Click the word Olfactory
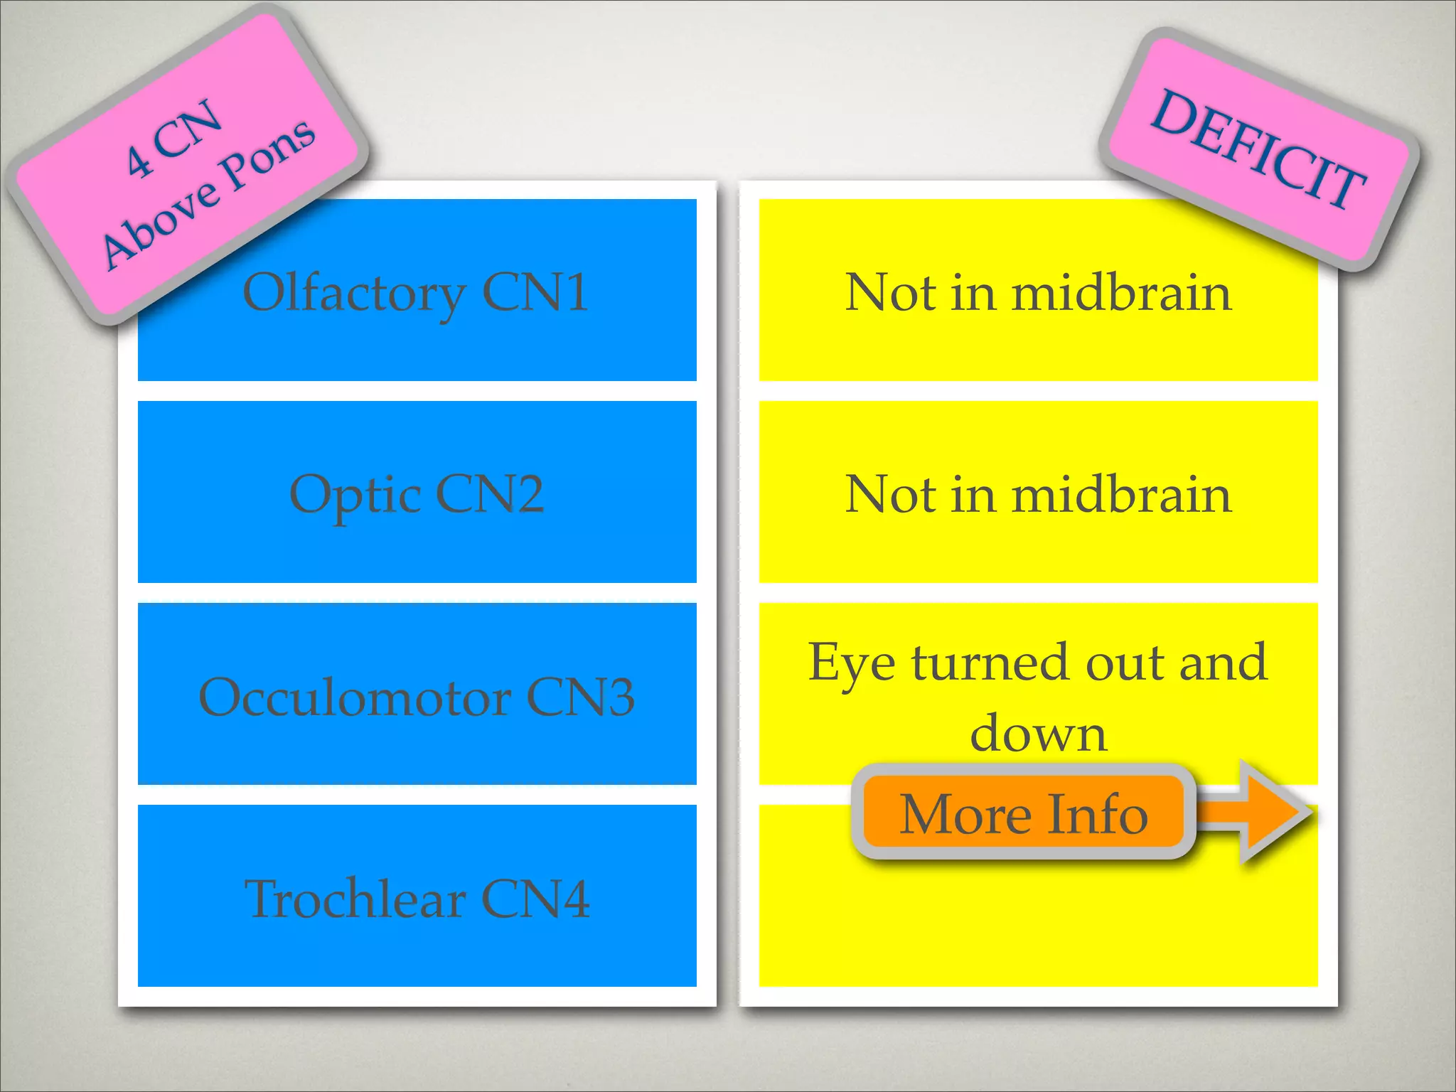coord(354,293)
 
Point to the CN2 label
coord(490,494)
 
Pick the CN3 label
coord(580,697)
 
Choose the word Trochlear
coord(355,899)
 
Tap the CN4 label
coord(535,899)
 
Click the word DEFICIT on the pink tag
coord(1257,150)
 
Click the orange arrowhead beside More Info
coord(1273,811)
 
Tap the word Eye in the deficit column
coord(852,663)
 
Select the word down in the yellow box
coord(1038,732)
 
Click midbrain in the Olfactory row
coord(1121,292)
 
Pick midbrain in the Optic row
coord(1121,494)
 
